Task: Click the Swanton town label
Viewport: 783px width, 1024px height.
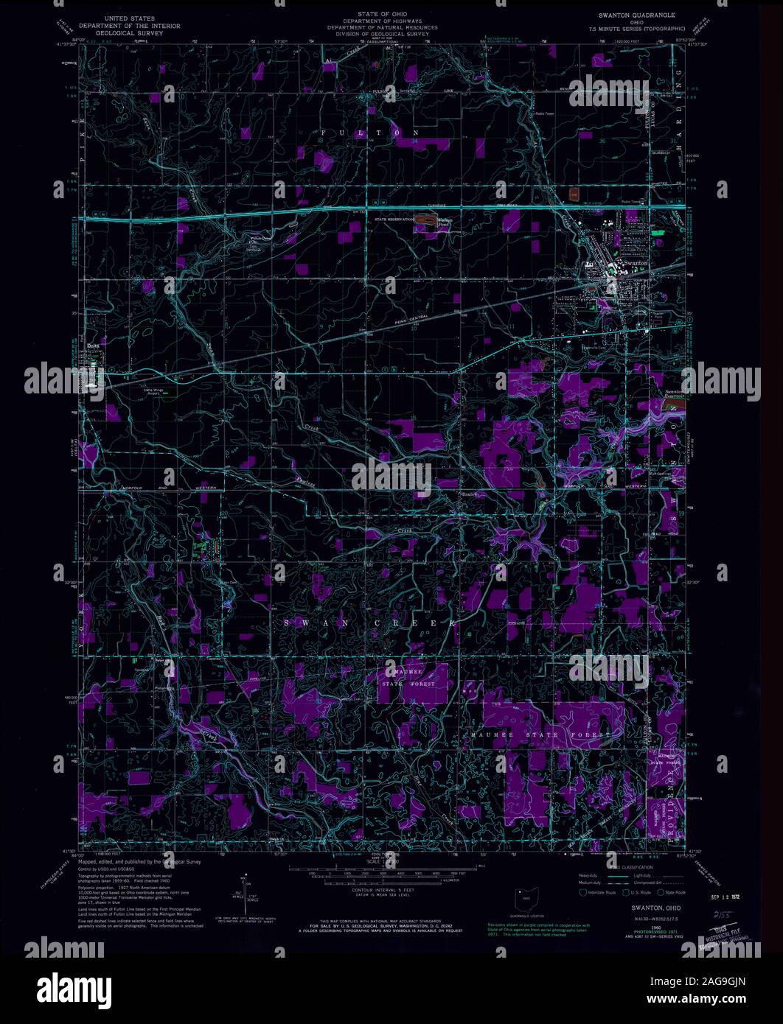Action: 636,263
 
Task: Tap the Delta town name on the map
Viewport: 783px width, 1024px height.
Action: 93,344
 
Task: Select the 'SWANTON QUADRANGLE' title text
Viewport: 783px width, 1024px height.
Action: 637,15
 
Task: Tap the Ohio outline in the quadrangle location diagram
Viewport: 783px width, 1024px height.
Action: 525,898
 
